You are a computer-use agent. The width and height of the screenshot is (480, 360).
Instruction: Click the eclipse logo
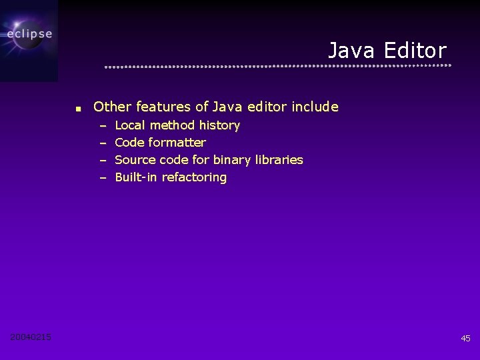coord(29,35)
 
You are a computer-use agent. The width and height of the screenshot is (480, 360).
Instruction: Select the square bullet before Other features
coord(77,108)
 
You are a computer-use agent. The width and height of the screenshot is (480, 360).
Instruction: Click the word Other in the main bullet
coord(113,107)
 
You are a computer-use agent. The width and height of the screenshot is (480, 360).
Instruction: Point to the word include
coord(315,107)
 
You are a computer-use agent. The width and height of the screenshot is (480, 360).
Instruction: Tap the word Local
coord(131,125)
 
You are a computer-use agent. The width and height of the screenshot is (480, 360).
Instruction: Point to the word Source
coord(134,160)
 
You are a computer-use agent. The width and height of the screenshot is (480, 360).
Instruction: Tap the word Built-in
coord(137,177)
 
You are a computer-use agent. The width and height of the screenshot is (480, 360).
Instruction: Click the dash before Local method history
coord(103,125)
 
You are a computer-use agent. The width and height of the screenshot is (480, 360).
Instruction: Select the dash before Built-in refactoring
coord(103,178)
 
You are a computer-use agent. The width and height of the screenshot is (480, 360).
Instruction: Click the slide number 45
coord(465,339)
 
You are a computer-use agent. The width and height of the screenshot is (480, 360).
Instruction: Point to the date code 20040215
coord(31,337)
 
